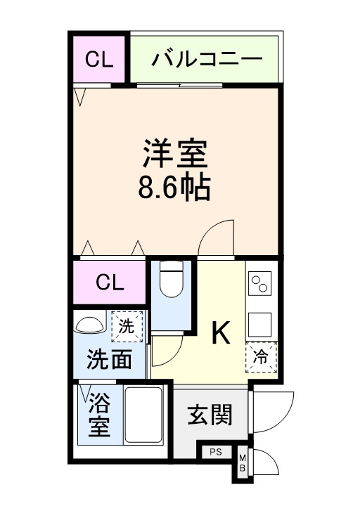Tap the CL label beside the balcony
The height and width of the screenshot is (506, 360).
point(100,58)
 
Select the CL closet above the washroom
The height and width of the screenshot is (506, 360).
point(110,283)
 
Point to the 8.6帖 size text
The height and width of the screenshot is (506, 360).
point(176,188)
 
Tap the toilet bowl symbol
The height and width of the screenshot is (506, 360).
point(172,282)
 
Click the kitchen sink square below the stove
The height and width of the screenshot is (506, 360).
point(261,324)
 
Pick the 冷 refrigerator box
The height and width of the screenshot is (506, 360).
point(261,357)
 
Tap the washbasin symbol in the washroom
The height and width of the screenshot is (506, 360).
point(89,325)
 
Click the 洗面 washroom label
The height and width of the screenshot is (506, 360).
point(109,360)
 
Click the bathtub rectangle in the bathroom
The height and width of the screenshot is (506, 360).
point(143,414)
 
